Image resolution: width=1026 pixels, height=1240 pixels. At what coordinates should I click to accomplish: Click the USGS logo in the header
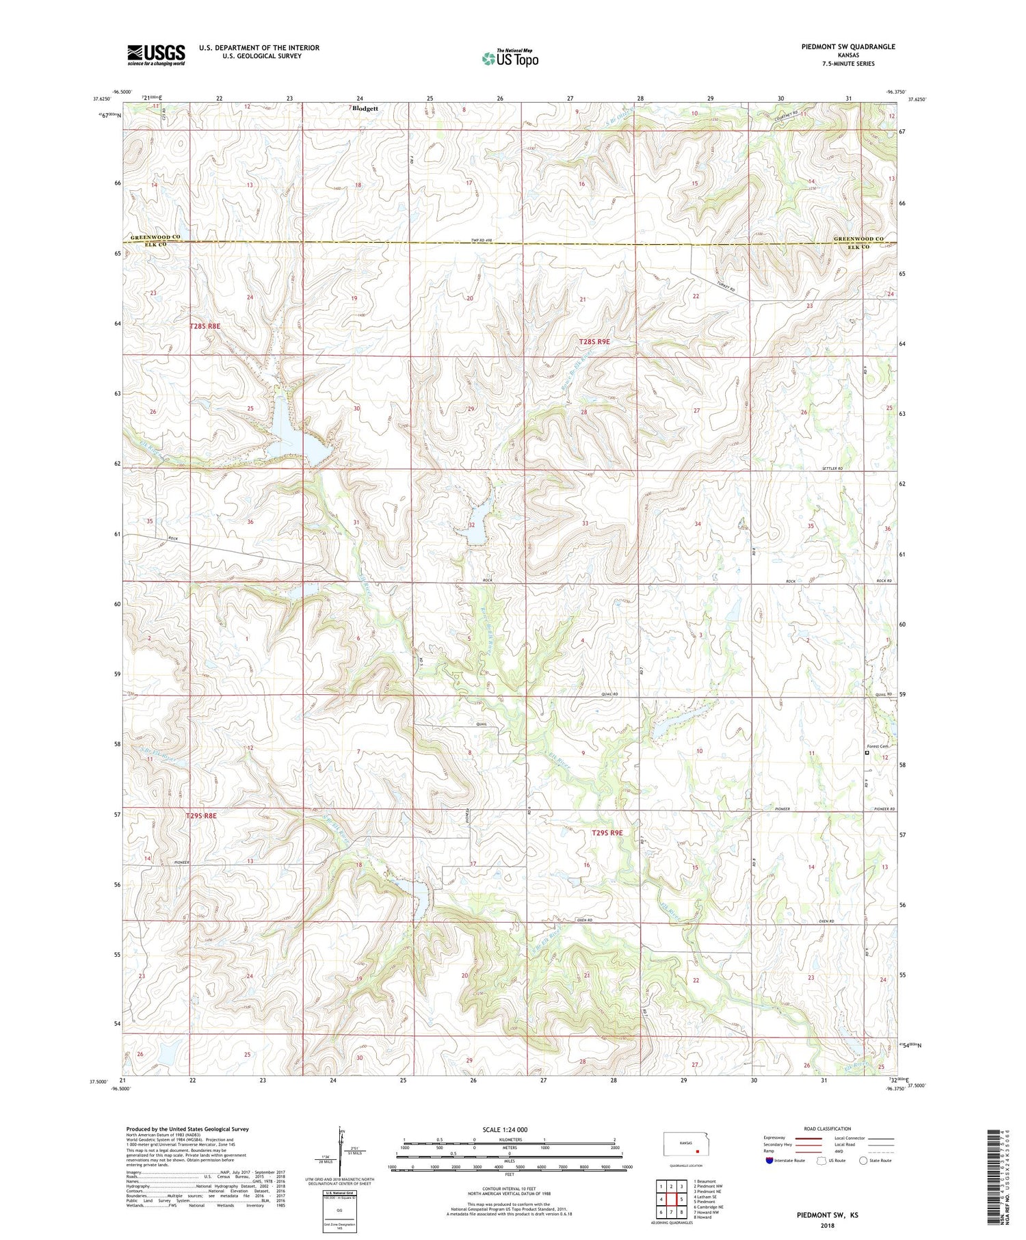(x=156, y=55)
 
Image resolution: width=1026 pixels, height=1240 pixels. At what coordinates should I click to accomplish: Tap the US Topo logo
(x=510, y=59)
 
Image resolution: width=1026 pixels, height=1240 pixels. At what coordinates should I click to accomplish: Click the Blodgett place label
(x=366, y=109)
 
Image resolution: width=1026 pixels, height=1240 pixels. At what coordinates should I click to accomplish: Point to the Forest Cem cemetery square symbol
(x=867, y=752)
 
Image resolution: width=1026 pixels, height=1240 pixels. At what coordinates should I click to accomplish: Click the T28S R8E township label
(x=205, y=327)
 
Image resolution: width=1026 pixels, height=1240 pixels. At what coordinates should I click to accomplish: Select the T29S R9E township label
(x=607, y=832)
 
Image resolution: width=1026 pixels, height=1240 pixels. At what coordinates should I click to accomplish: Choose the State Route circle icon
(x=863, y=1161)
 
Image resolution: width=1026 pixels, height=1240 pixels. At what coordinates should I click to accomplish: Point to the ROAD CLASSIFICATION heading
(x=828, y=1129)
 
